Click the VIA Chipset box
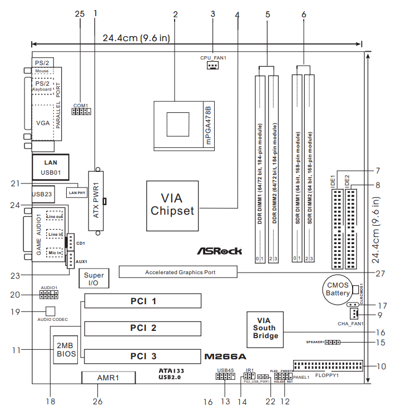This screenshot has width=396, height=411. click(x=172, y=205)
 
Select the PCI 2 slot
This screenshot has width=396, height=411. click(x=143, y=328)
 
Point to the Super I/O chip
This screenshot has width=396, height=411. click(x=93, y=280)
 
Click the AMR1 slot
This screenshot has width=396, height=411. click(x=108, y=378)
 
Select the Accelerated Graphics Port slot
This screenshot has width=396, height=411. click(x=180, y=273)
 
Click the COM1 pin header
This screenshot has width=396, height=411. click(x=81, y=112)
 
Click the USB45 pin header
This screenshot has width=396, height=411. click(x=224, y=377)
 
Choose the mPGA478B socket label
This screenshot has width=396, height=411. click(x=209, y=125)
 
